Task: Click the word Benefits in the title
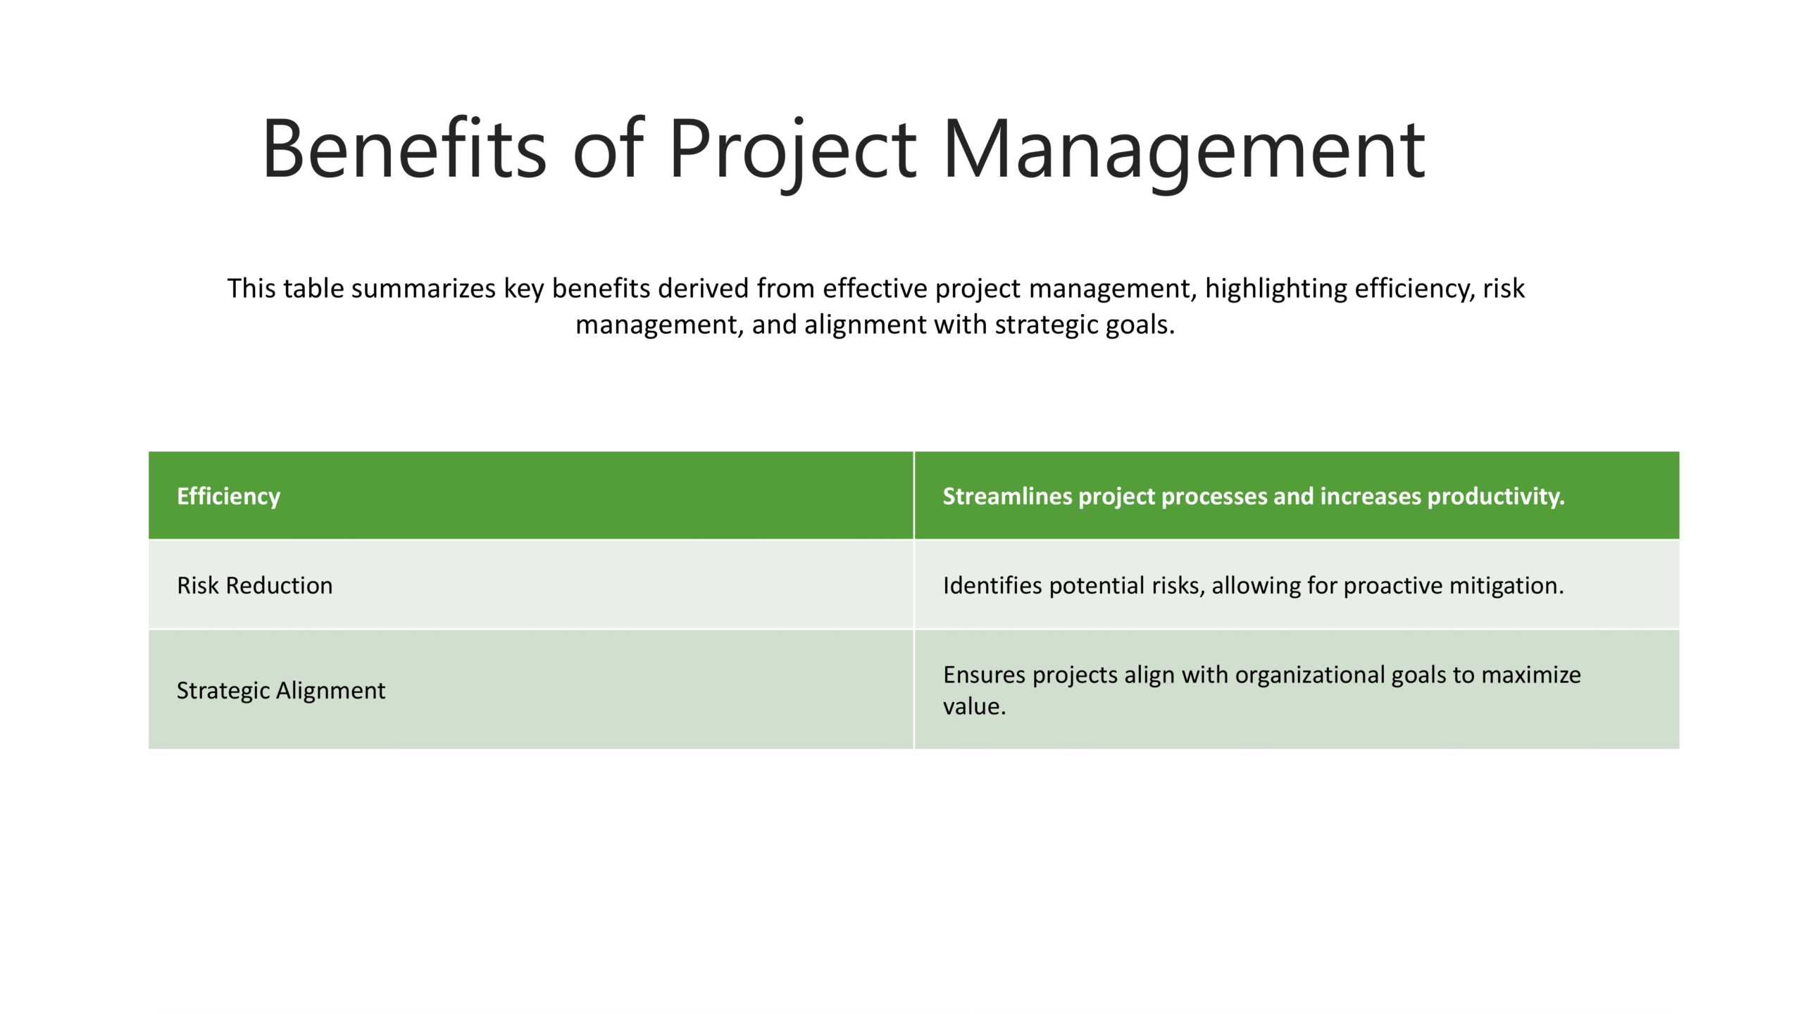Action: coord(404,149)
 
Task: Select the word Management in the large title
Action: coord(1184,154)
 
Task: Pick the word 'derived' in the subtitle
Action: coord(703,288)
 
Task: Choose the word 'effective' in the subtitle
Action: coord(875,288)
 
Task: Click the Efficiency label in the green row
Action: coord(228,497)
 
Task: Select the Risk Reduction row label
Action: coord(254,585)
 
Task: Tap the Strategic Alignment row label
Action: coord(281,691)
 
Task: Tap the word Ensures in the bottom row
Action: coord(984,675)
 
